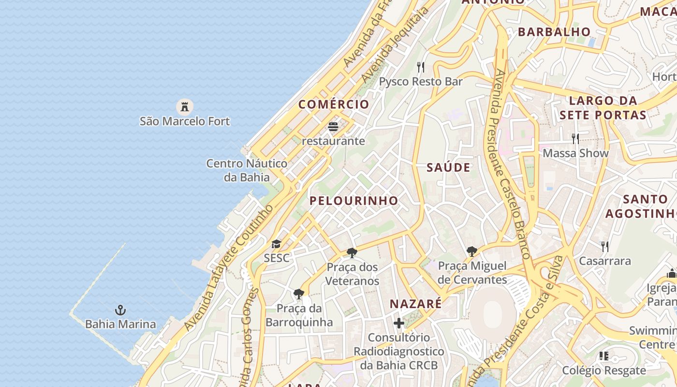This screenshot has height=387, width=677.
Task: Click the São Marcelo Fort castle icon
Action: (x=184, y=106)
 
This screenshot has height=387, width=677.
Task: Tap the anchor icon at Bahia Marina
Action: (x=120, y=310)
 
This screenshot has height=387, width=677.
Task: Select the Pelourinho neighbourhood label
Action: (x=354, y=201)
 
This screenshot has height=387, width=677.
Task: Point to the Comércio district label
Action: (x=334, y=104)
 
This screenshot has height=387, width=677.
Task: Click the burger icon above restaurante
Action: (x=333, y=127)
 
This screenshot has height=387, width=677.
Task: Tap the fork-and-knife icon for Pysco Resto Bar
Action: (x=421, y=67)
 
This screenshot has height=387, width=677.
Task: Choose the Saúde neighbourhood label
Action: (x=448, y=168)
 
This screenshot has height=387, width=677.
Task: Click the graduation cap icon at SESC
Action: (x=276, y=244)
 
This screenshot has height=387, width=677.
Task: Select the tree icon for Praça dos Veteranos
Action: (x=352, y=253)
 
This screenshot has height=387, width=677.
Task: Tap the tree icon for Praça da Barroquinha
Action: (x=299, y=294)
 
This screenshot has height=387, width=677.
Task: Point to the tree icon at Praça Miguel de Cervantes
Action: (x=472, y=251)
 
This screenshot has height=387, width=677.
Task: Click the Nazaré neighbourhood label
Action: (x=416, y=304)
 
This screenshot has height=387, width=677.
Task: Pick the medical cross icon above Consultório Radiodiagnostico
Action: (x=399, y=323)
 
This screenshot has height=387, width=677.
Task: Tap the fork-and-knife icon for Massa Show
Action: (x=575, y=139)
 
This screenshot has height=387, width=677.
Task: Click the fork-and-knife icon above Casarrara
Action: (x=605, y=247)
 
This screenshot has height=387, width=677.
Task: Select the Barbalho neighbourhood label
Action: (x=554, y=32)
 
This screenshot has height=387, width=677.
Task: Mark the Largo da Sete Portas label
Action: (x=603, y=108)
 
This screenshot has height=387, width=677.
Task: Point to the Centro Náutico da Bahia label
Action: (x=247, y=170)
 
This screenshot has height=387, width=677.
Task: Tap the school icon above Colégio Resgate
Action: (x=604, y=357)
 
